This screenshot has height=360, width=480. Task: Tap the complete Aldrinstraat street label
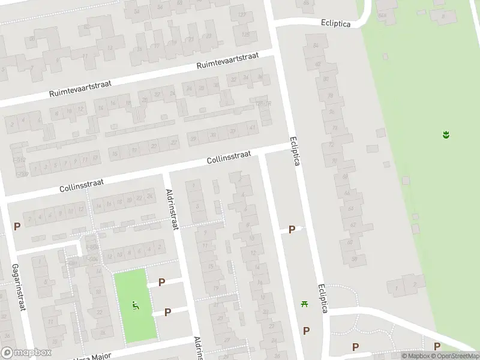172,209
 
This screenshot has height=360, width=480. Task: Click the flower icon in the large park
446,135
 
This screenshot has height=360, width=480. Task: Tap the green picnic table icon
305,304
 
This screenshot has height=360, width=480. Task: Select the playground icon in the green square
136,306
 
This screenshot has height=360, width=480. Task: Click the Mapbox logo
26,353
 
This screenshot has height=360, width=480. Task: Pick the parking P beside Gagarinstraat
17,226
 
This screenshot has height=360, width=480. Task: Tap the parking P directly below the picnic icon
306,331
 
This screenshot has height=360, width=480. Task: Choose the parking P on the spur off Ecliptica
292,229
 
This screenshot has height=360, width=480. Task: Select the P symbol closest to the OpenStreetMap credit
437,346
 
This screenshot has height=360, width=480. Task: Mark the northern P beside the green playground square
161,282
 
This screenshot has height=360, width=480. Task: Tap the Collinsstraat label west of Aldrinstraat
82,184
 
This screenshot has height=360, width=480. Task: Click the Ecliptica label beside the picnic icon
323,298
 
